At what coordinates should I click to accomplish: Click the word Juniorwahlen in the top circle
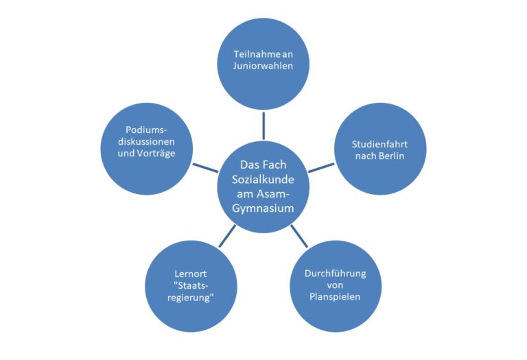(x=263, y=66)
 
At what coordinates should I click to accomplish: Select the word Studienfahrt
(x=379, y=145)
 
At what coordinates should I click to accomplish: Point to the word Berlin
(x=391, y=156)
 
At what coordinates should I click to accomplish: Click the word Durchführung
(x=335, y=274)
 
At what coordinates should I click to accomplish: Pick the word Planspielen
(x=335, y=297)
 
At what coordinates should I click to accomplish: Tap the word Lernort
(x=191, y=274)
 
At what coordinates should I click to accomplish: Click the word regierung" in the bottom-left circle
(x=191, y=298)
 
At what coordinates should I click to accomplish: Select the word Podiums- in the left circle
(x=147, y=130)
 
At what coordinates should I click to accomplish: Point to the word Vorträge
(x=156, y=154)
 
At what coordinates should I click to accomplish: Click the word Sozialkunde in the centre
(x=263, y=180)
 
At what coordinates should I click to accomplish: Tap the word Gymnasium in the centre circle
(x=263, y=208)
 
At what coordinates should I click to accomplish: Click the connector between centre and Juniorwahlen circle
(x=263, y=125)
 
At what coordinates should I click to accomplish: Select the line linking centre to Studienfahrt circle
(x=321, y=168)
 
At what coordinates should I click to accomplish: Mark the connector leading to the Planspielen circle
(x=299, y=236)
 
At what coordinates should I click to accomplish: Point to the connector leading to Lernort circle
(x=227, y=236)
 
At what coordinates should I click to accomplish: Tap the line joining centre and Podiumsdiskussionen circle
(x=205, y=168)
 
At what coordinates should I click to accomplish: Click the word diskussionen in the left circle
(x=146, y=142)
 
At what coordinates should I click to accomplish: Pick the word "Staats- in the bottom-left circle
(x=191, y=285)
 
